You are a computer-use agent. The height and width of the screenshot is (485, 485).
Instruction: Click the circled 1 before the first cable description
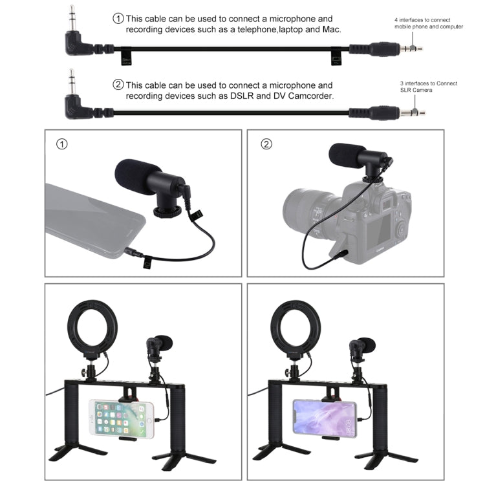click(x=118, y=19)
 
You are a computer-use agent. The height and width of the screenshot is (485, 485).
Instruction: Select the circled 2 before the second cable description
click(x=118, y=85)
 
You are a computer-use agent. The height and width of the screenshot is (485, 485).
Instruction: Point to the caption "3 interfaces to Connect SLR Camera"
click(x=423, y=87)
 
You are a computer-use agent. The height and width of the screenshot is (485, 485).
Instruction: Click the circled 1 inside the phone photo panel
click(x=61, y=144)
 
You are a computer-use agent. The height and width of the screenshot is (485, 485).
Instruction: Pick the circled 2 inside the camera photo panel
click(x=266, y=144)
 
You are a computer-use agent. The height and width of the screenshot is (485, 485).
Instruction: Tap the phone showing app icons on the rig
click(x=121, y=418)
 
